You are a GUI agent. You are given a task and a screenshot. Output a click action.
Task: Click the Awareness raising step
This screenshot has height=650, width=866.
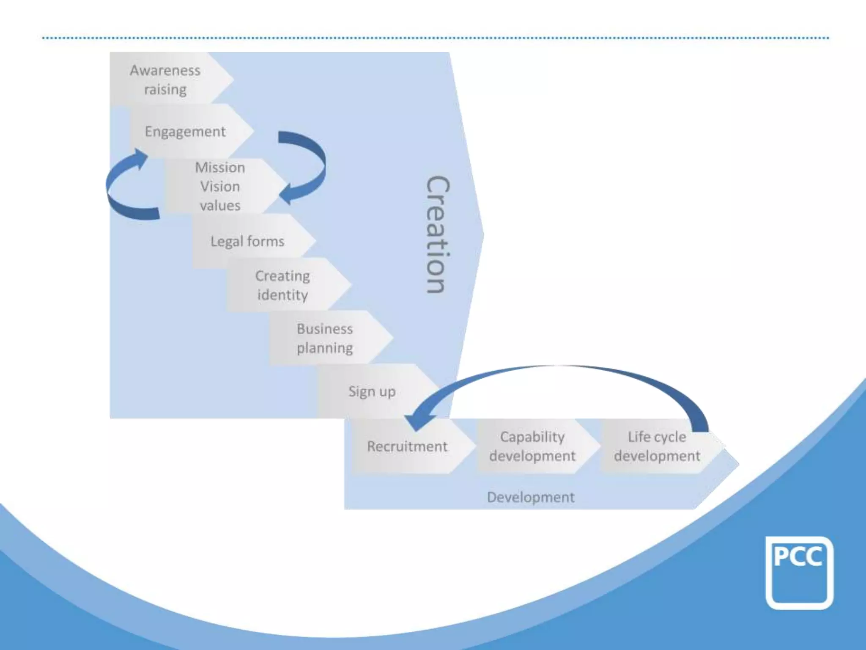[166, 79]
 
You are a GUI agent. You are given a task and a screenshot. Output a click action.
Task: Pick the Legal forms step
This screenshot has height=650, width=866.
[248, 241]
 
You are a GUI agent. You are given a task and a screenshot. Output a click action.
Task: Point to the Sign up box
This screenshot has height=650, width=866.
[373, 391]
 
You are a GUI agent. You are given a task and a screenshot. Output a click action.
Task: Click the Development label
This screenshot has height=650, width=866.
[531, 497]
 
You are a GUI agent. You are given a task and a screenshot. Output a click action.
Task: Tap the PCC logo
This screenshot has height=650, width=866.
[799, 573]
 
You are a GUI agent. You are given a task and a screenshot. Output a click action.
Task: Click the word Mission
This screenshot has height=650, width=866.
[220, 168]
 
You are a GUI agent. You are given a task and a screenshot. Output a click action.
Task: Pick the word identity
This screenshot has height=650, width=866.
[283, 295]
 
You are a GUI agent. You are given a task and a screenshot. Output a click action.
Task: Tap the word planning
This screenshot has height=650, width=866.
[325, 348]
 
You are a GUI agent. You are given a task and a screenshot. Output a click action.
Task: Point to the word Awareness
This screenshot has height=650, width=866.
[165, 70]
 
